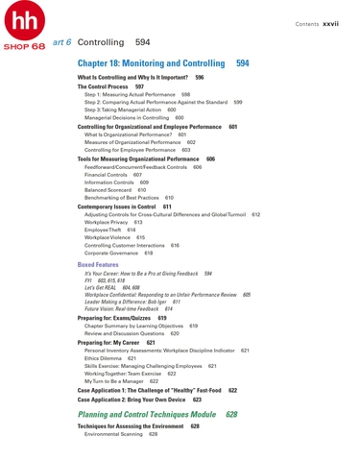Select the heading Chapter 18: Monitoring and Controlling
pos(154,62)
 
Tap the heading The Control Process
pos(103,86)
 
